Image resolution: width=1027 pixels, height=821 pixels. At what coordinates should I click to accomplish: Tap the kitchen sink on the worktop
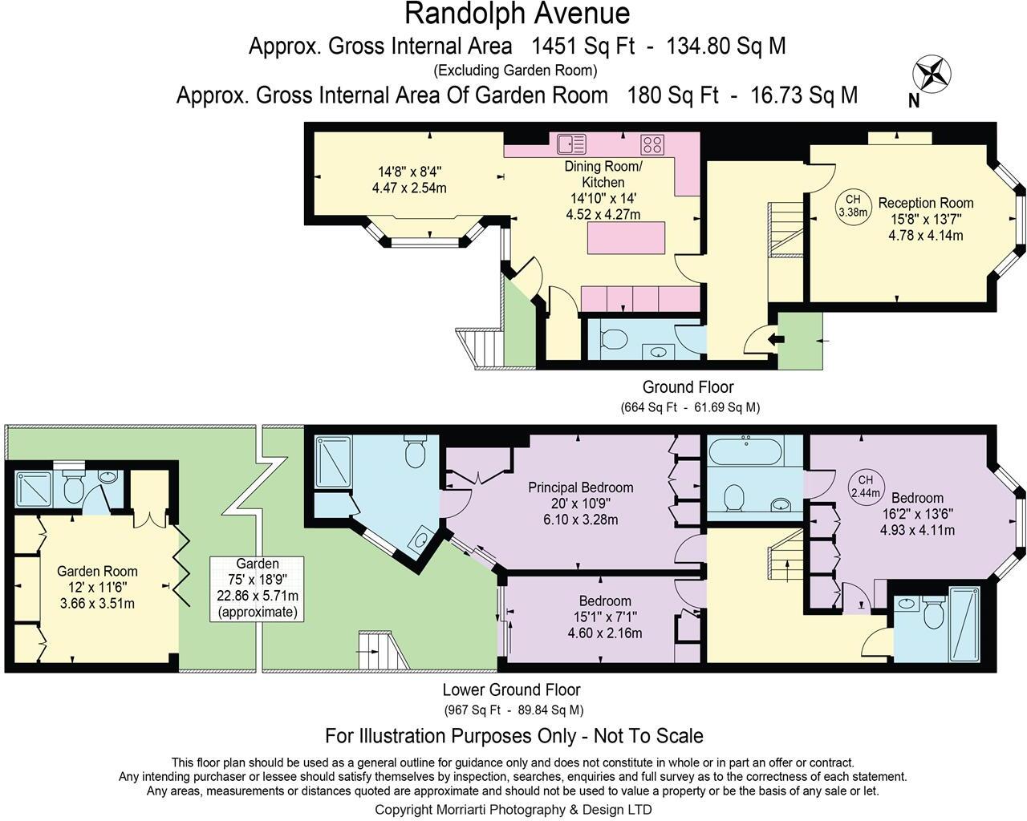(x=571, y=144)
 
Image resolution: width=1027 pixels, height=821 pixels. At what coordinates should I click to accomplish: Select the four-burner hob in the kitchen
(x=652, y=144)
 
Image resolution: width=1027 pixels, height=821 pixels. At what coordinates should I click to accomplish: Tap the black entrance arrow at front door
(x=775, y=339)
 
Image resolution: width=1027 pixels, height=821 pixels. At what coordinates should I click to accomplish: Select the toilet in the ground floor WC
(x=614, y=339)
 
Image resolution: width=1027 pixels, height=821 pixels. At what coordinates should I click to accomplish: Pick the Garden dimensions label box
(x=258, y=588)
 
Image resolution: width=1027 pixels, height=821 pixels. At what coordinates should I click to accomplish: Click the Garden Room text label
(x=97, y=572)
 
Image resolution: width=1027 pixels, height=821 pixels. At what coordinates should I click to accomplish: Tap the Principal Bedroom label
(x=580, y=487)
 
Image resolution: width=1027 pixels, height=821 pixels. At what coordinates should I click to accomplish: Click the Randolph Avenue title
(x=517, y=14)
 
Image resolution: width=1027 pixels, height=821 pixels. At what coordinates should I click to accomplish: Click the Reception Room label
(x=926, y=203)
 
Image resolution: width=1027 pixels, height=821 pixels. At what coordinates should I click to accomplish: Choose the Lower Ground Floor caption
(x=511, y=690)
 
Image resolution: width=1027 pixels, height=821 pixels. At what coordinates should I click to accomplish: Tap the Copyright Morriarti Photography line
(x=513, y=809)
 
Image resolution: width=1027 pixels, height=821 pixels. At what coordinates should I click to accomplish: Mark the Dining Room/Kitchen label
(x=603, y=174)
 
